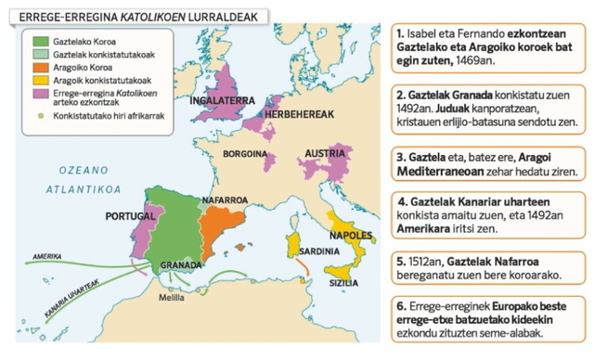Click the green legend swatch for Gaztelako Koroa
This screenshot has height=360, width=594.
pos(40,42)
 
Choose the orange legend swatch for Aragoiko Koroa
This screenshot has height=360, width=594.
pos(40,68)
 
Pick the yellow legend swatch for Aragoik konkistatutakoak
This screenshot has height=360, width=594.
pos(40,81)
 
